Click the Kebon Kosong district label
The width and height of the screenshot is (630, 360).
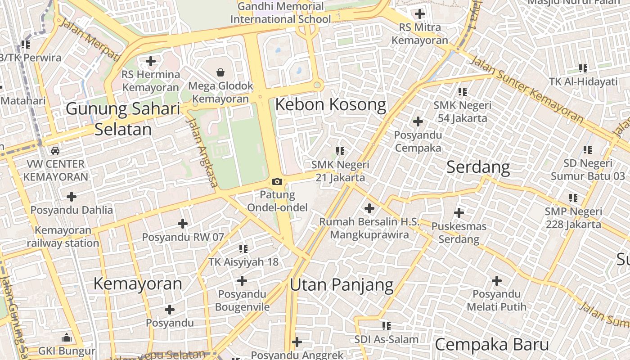tap(330, 105)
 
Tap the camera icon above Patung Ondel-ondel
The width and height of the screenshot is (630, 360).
tap(277, 181)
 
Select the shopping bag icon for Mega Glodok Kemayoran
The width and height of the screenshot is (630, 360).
tap(220, 72)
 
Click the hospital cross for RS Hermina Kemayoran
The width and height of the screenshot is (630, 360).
tap(151, 61)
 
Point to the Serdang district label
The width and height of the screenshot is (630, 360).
tap(478, 167)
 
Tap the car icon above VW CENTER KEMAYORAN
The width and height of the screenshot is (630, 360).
tap(55, 150)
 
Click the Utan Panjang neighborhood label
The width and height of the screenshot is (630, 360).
tap(342, 285)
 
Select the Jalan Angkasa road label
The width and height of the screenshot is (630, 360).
tap(202, 153)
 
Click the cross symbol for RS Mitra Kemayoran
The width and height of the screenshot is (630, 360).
tap(419, 14)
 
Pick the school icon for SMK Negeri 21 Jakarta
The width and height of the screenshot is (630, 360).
tap(340, 151)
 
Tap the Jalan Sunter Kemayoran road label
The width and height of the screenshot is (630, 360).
tap(526, 90)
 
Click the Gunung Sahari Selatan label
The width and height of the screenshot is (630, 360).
tap(123, 119)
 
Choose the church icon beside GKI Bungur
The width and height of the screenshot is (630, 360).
tap(67, 337)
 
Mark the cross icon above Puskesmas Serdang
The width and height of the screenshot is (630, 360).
tap(459, 212)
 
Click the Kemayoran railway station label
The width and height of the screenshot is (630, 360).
tap(63, 237)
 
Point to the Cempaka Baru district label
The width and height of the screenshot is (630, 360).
tap(491, 345)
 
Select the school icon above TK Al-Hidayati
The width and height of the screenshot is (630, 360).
tap(583, 68)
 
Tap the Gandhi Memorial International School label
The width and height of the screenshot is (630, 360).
tap(280, 13)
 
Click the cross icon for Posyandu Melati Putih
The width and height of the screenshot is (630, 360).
tap(496, 281)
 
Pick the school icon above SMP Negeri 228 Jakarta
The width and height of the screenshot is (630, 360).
tap(573, 198)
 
